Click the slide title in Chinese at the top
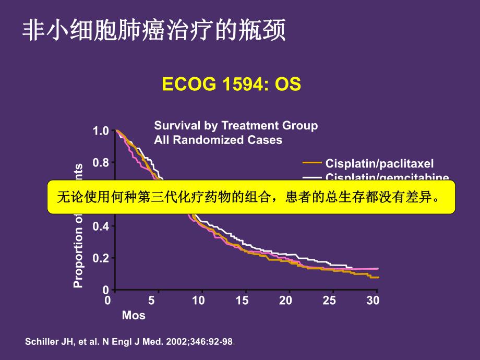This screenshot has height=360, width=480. [154, 31]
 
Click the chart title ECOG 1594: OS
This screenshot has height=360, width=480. [232, 85]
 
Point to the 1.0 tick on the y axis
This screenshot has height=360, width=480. [101, 131]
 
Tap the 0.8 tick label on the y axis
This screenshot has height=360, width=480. [101, 163]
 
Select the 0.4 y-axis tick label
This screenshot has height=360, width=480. [101, 226]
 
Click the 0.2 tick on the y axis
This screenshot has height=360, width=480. [101, 258]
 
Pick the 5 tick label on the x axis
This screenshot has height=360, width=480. [151, 301]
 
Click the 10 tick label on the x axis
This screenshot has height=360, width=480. [198, 301]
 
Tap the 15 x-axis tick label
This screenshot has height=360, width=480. [242, 301]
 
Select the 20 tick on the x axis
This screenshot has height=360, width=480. [285, 301]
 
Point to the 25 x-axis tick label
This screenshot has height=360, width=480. [329, 301]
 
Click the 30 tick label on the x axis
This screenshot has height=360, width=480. [373, 301]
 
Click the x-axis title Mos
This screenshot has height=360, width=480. [134, 316]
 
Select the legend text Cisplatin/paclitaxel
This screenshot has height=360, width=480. [379, 163]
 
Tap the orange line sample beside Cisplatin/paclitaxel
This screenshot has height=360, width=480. [312, 163]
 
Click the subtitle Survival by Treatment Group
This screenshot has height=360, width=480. [236, 126]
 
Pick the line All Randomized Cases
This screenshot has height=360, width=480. [218, 140]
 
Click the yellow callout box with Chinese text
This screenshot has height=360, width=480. [251, 198]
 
